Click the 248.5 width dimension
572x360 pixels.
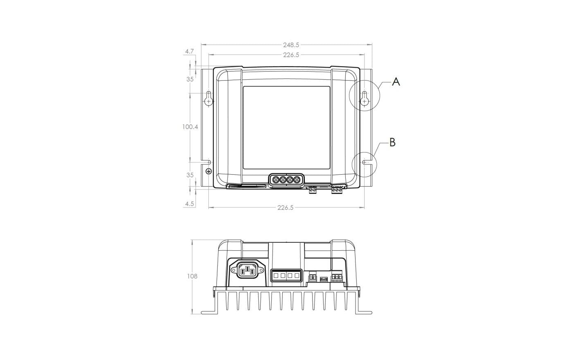(x=291, y=45)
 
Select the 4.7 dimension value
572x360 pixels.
(x=189, y=51)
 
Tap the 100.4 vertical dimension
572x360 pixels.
(x=190, y=127)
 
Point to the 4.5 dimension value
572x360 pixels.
(x=189, y=204)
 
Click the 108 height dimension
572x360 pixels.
(x=192, y=276)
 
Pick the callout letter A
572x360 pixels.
(x=396, y=82)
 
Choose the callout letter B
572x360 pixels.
(x=392, y=142)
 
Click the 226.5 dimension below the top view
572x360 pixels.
(x=286, y=207)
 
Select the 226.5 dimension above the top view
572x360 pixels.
(x=291, y=55)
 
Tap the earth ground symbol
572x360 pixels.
(x=208, y=171)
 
